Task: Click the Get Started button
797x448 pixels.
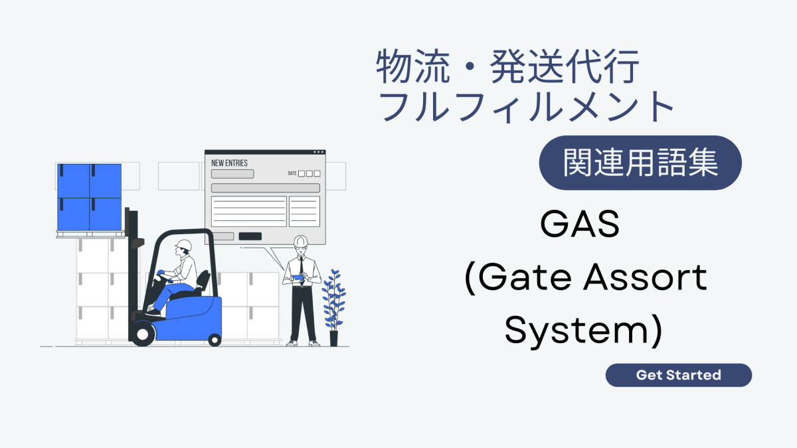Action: tap(678, 375)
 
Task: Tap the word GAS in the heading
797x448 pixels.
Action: tap(580, 225)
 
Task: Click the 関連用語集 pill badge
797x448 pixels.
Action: tap(640, 163)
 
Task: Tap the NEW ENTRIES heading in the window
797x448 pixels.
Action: tap(229, 163)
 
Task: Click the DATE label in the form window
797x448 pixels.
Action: tap(292, 174)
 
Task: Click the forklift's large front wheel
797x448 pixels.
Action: tap(142, 332)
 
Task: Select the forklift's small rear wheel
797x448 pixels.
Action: tap(215, 339)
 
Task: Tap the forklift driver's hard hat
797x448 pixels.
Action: tap(184, 245)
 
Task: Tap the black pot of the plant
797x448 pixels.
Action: tap(333, 338)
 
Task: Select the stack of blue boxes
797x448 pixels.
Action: tap(89, 197)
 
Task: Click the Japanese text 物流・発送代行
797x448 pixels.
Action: tap(509, 68)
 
